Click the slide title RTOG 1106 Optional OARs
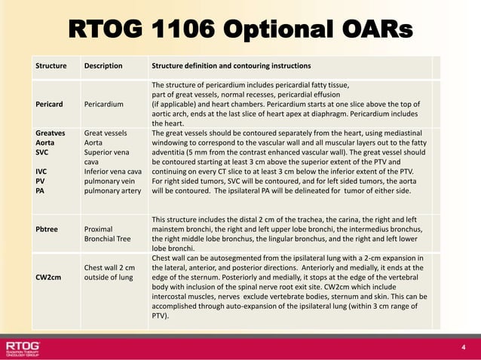[x=240, y=29]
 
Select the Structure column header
[x=51, y=66]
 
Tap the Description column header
[x=103, y=66]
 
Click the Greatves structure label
[x=54, y=132]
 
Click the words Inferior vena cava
[x=113, y=171]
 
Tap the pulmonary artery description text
[x=112, y=191]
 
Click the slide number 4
[x=464, y=347]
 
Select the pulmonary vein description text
[x=109, y=181]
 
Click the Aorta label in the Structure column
[x=47, y=142]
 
